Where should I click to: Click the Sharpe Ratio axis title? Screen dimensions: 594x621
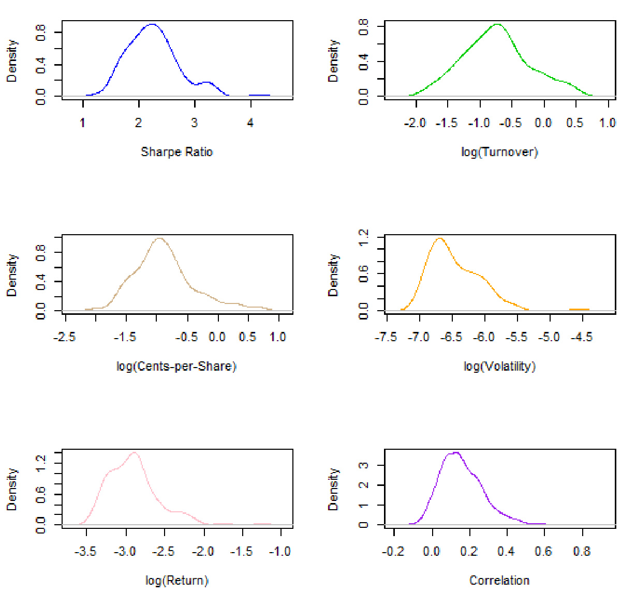pos(177,152)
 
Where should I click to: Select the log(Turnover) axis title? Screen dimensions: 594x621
pos(499,152)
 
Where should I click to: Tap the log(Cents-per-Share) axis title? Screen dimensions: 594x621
pos(176,367)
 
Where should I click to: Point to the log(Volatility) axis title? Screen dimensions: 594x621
pos(499,367)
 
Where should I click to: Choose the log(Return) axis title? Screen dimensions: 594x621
pos(177,581)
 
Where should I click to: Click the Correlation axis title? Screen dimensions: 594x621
pos(499,581)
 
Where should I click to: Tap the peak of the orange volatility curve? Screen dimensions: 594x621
pos(440,238)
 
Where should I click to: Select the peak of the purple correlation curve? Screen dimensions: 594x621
pos(455,452)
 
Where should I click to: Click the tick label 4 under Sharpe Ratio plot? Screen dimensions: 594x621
pos(250,123)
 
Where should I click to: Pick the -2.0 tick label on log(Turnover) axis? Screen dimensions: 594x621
pos(415,123)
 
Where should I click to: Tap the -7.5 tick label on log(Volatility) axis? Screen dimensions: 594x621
pos(386,337)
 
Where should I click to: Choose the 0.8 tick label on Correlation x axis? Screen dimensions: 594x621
pos(582,552)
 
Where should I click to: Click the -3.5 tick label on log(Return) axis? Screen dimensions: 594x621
pos(85,552)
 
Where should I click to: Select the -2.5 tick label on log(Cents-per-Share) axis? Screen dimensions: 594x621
pos(65,337)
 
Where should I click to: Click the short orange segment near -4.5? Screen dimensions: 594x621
pos(579,310)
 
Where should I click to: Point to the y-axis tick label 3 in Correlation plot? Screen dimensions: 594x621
pos(364,465)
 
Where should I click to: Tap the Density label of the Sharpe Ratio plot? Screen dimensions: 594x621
pos(12,61)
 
